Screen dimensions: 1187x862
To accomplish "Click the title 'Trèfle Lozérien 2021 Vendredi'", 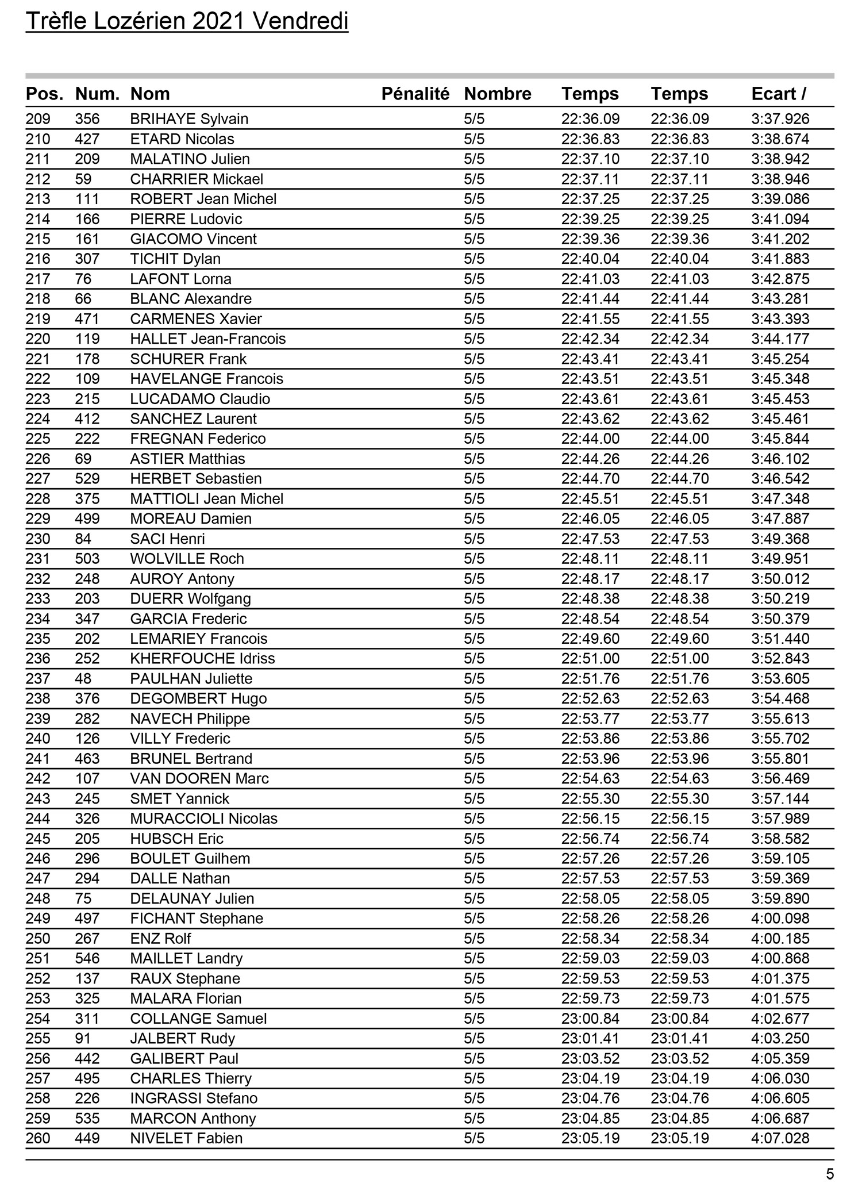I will pyautogui.click(x=187, y=22).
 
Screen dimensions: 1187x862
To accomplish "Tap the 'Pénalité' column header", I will pyautogui.click(x=415, y=94).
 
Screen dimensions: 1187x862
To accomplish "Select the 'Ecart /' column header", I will pyautogui.click(x=779, y=94).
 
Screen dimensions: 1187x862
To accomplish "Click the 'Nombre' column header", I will pyautogui.click(x=497, y=94).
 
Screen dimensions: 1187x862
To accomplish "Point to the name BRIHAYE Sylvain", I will pyautogui.click(x=189, y=120).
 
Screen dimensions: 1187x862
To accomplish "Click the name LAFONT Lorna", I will pyautogui.click(x=180, y=279).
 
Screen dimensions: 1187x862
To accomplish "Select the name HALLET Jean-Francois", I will pyautogui.click(x=207, y=339).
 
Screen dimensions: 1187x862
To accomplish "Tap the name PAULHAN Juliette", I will pyautogui.click(x=191, y=679).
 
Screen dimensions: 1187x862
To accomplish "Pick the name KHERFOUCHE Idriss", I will pyautogui.click(x=202, y=659).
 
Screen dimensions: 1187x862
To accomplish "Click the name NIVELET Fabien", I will pyautogui.click(x=186, y=1138).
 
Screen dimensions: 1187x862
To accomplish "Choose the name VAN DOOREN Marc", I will pyautogui.click(x=199, y=779).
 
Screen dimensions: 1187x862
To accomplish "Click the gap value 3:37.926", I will pyautogui.click(x=780, y=120).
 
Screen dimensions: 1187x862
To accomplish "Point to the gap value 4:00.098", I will pyautogui.click(x=780, y=919).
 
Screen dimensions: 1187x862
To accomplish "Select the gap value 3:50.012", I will pyautogui.click(x=780, y=579).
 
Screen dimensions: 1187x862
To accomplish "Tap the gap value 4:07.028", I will pyautogui.click(x=780, y=1138).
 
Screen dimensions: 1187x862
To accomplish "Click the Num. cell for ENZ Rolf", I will pyautogui.click(x=87, y=939).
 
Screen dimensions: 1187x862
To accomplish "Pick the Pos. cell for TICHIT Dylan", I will pyautogui.click(x=38, y=259).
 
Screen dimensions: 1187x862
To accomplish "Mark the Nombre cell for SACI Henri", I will pyautogui.click(x=474, y=539).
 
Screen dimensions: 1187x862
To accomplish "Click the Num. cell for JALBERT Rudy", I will pyautogui.click(x=83, y=1039).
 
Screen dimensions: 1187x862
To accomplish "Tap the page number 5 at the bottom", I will pyautogui.click(x=829, y=1174).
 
